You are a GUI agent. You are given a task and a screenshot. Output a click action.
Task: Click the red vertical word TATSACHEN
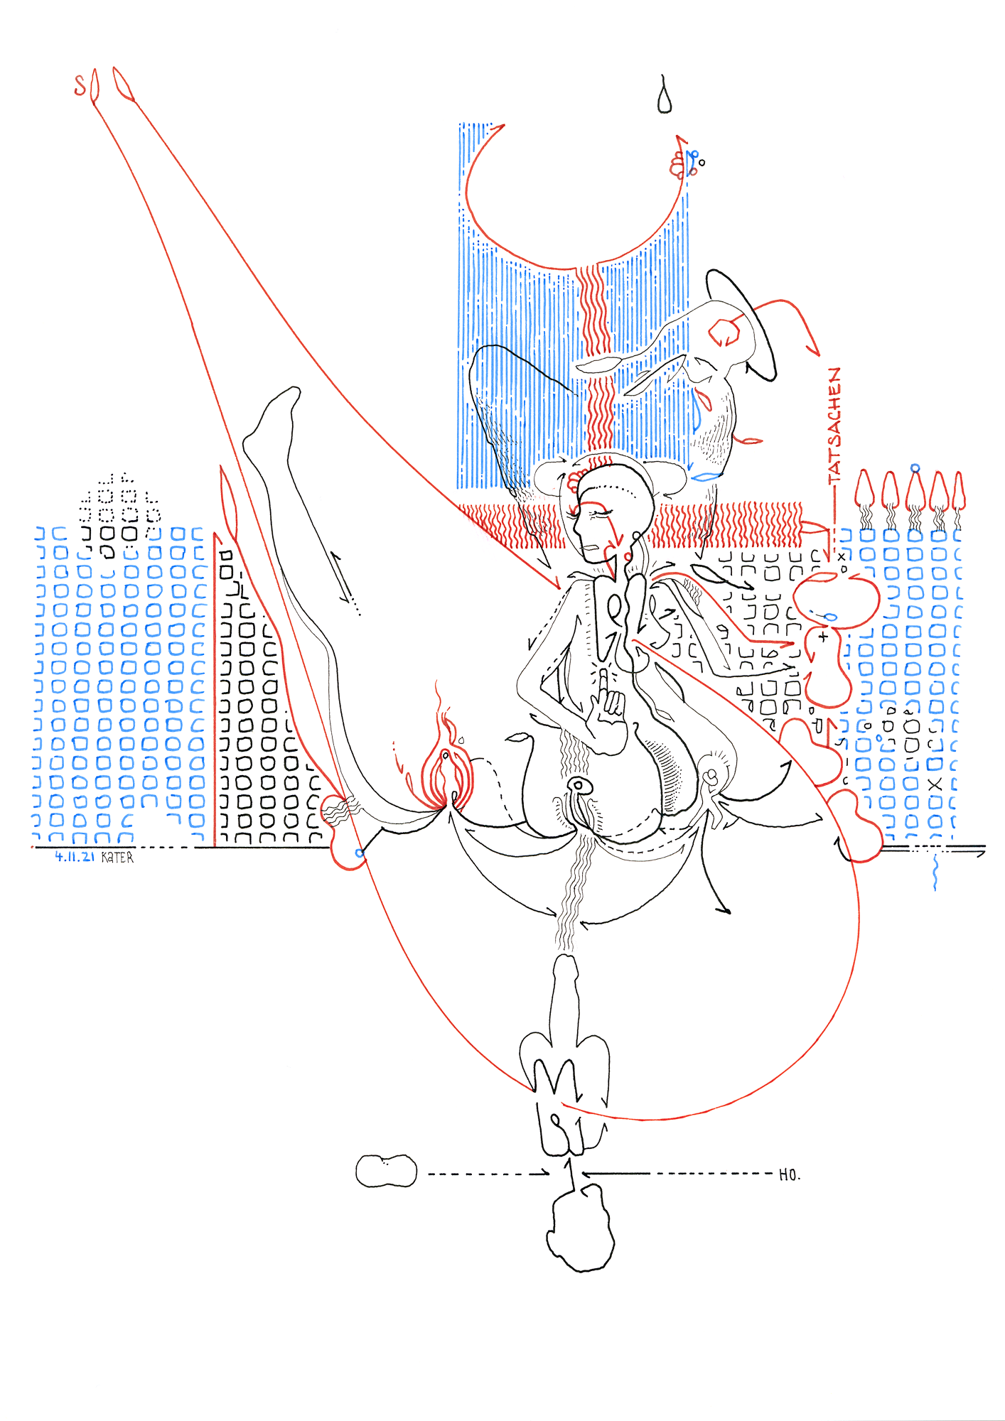[834, 426]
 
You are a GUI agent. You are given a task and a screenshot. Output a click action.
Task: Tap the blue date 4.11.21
[75, 857]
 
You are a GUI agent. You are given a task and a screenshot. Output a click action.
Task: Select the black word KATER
[117, 858]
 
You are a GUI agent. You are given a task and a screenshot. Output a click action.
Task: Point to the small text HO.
[789, 1175]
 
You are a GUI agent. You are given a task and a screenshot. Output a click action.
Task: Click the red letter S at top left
[80, 85]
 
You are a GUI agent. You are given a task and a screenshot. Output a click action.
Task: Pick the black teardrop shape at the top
[665, 98]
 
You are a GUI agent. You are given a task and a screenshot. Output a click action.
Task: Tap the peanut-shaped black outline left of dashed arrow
[386, 1171]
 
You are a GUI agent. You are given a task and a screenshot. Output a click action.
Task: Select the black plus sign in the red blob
[823, 637]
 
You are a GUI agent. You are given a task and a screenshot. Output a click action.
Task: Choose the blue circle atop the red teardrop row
[915, 468]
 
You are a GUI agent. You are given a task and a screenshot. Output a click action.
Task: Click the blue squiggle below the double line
[935, 874]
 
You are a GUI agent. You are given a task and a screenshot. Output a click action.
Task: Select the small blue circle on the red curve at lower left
[360, 853]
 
